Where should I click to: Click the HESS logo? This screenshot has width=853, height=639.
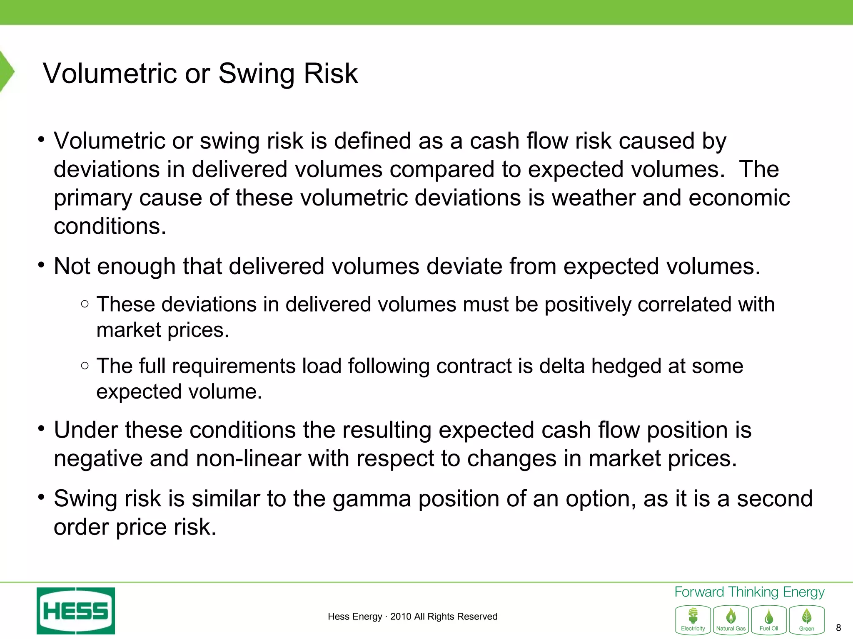pyautogui.click(x=75, y=611)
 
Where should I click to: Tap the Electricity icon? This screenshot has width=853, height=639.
pyautogui.click(x=693, y=619)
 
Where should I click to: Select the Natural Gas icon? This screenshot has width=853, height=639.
pyautogui.click(x=731, y=619)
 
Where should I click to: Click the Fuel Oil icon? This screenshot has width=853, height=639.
pyautogui.click(x=768, y=619)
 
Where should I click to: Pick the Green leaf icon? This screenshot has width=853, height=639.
pyautogui.click(x=806, y=619)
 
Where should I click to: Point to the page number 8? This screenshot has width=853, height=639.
pyautogui.click(x=838, y=628)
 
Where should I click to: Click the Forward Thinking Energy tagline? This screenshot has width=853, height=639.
pyautogui.click(x=749, y=592)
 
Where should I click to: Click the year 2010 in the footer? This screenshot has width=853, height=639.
pyautogui.click(x=400, y=617)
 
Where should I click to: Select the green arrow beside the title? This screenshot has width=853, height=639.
pyautogui.click(x=7, y=72)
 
